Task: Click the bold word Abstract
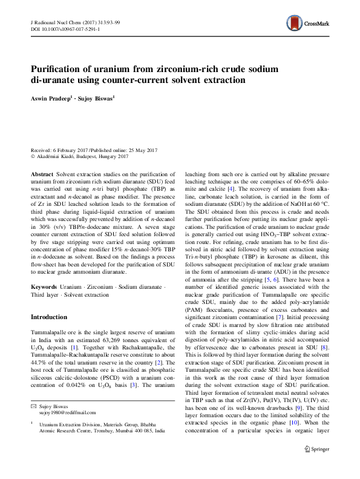click(42, 173)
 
